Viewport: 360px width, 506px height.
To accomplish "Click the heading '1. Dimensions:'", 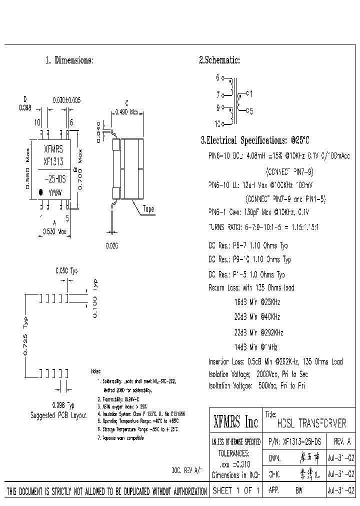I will tap(69, 60).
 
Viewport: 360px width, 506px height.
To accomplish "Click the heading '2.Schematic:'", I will tap(219, 60).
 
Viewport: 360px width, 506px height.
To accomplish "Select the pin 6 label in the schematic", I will tap(217, 77).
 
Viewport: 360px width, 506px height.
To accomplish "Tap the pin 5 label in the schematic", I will tap(251, 111).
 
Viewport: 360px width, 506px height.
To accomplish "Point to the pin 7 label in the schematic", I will tap(217, 94).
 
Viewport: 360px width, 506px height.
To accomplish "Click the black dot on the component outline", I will tap(41, 191).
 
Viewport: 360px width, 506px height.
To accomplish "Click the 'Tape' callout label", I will tap(148, 209).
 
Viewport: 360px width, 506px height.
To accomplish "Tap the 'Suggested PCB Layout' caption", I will tap(58, 415).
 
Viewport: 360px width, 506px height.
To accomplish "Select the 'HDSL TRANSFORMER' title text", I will tap(311, 423).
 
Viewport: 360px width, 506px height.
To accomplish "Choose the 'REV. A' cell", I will tap(341, 442).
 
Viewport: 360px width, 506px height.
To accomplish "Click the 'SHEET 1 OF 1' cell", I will tap(236, 491).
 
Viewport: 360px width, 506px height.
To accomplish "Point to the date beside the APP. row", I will tap(341, 491).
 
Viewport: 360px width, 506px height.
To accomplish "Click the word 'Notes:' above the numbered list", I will tap(95, 371).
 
